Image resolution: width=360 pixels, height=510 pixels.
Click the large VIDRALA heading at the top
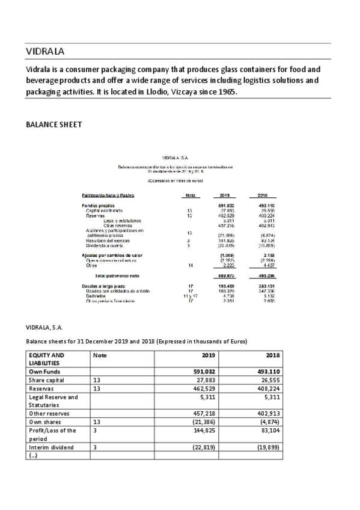(x=45, y=51)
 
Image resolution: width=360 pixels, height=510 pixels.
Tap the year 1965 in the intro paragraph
(x=227, y=92)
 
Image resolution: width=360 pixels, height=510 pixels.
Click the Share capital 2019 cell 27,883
(x=211, y=380)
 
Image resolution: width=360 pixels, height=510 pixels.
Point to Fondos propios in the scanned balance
(x=97, y=206)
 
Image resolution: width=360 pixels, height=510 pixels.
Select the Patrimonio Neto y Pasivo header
(x=108, y=195)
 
